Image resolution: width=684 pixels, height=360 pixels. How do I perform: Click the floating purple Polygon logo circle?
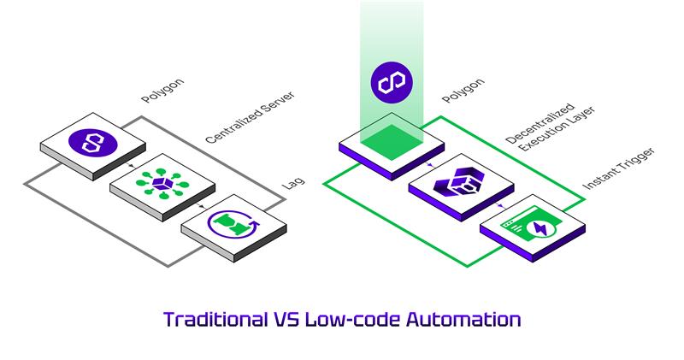392,82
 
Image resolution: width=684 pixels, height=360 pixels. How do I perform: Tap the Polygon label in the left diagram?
162,91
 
